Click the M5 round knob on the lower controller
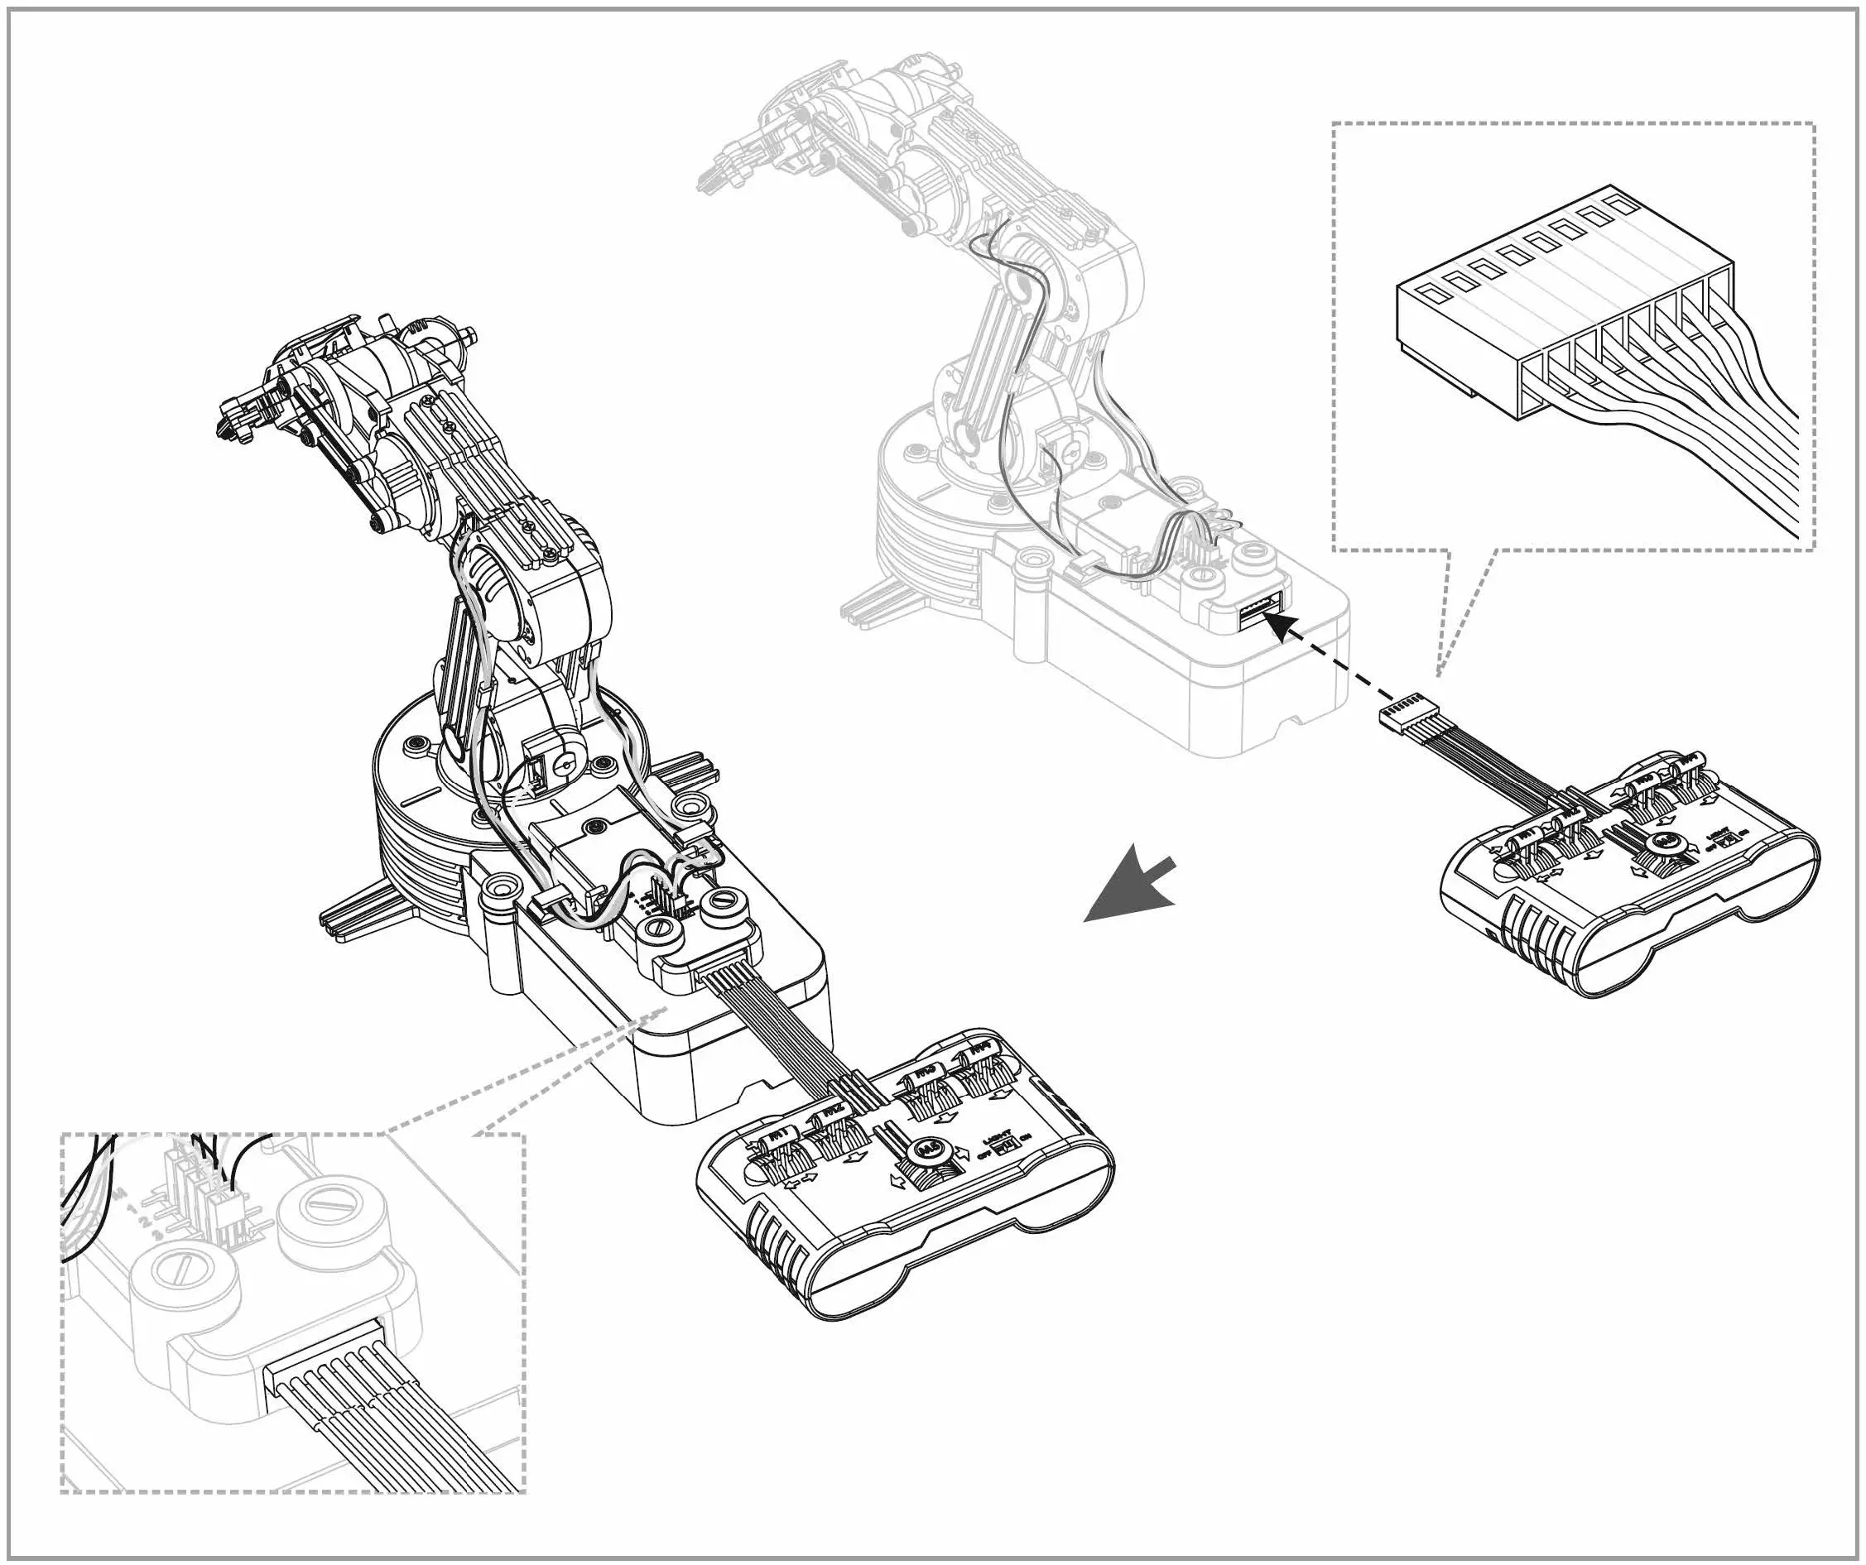coord(930,1149)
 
